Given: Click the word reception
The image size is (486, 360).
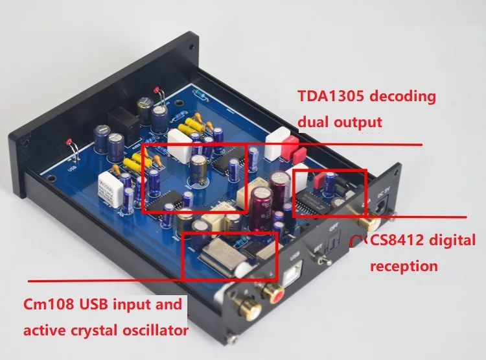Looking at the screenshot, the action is click(x=404, y=266).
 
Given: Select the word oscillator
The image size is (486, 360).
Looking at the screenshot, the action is click(x=149, y=331).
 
